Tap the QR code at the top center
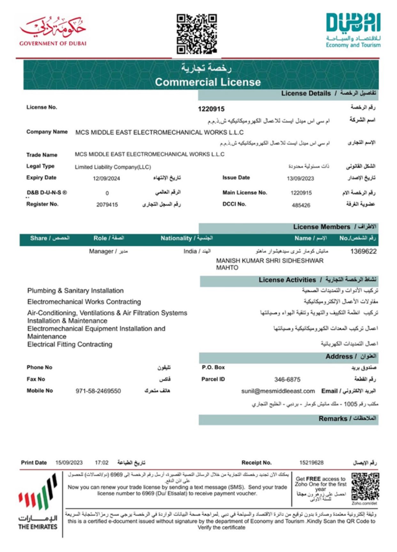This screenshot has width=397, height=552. pyautogui.click(x=197, y=33)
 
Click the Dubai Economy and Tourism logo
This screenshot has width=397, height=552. pyautogui.click(x=353, y=30)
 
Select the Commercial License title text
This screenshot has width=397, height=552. pyautogui.click(x=208, y=82)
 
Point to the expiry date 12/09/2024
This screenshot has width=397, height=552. pyautogui.click(x=106, y=178)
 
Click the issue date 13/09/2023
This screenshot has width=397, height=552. pyautogui.click(x=300, y=178)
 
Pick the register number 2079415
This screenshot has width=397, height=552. pyautogui.click(x=107, y=205)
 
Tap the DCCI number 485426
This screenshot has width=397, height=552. pyautogui.click(x=301, y=205)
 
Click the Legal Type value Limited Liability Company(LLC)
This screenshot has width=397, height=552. pyautogui.click(x=113, y=167)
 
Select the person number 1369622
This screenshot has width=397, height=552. pyautogui.click(x=363, y=251)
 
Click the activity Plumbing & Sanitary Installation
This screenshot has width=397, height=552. pyautogui.click(x=75, y=291)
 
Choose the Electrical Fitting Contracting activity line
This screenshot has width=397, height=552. pyautogui.click(x=70, y=344)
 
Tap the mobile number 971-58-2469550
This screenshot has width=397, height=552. pyautogui.click(x=98, y=391)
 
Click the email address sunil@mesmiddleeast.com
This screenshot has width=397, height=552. pyautogui.click(x=278, y=391)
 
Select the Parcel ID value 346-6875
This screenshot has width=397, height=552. pyautogui.click(x=287, y=379)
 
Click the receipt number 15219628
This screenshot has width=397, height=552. pyautogui.click(x=311, y=463)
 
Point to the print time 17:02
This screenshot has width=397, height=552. pyautogui.click(x=102, y=463)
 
